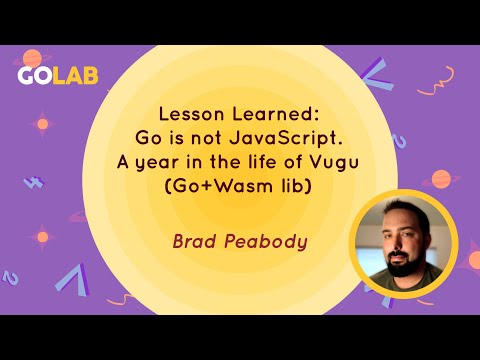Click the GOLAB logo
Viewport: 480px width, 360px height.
pos(58,78)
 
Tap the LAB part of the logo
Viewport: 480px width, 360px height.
pos(77,78)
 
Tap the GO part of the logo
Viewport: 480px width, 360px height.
pos(35,78)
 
